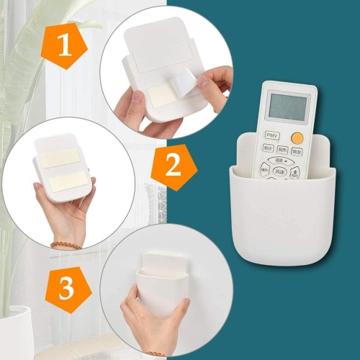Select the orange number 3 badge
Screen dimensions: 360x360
66,289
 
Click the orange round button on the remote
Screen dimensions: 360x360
297,137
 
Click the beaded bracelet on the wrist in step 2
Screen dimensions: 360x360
66,244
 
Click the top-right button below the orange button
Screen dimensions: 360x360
298,151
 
